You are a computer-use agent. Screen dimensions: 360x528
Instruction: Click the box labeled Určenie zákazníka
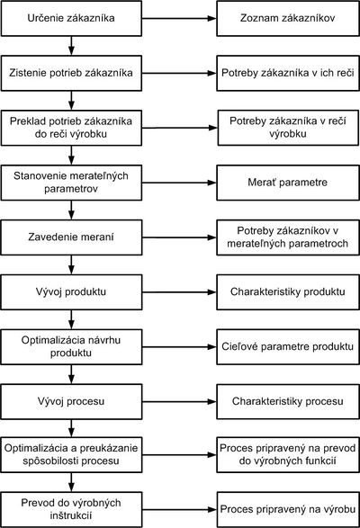(71, 18)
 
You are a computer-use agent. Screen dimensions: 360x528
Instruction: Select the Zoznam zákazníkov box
(288, 18)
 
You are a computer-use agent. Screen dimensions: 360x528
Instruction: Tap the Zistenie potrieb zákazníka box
(71, 73)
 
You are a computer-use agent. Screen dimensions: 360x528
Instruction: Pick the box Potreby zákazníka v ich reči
(288, 73)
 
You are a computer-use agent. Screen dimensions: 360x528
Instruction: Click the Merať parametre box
(288, 183)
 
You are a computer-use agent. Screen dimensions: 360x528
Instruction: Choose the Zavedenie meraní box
(71, 237)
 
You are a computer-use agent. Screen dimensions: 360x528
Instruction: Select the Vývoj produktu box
(71, 292)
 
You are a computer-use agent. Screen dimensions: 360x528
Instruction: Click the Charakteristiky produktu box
(288, 292)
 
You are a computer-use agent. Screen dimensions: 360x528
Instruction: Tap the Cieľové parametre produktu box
(288, 347)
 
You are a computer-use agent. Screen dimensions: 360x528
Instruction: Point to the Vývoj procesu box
(71, 402)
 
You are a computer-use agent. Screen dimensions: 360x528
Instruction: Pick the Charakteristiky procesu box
(288, 402)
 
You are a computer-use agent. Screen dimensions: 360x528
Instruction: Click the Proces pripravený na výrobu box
(288, 509)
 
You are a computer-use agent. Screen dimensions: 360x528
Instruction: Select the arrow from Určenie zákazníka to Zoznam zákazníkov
(179, 18)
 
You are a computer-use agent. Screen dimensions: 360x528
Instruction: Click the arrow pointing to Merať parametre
(179, 183)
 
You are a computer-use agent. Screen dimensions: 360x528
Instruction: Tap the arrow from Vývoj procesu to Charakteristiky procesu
(179, 402)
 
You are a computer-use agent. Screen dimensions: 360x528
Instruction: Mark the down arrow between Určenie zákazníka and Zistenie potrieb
(71, 46)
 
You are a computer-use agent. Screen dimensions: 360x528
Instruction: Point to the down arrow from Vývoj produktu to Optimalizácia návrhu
(71, 319)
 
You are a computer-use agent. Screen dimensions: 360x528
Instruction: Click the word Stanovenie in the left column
(35, 175)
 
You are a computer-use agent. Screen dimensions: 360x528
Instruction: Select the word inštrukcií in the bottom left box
(71, 515)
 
